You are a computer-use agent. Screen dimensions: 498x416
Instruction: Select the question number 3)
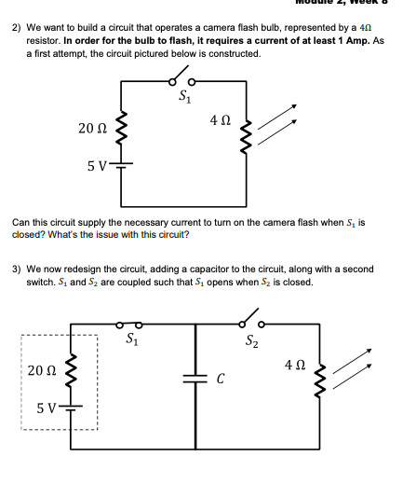[x=17, y=270]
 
